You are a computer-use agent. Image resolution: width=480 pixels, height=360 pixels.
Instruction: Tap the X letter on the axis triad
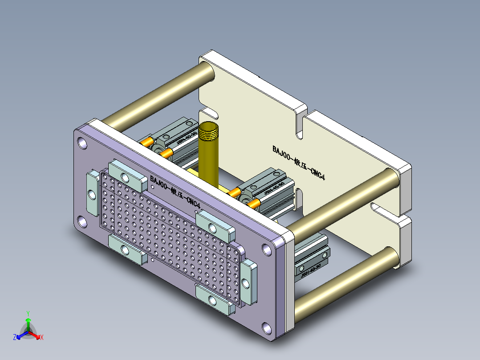(42, 337)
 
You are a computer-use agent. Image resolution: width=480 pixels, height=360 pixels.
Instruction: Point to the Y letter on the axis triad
(28, 313)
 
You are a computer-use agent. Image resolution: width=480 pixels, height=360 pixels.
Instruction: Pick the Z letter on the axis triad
(15, 337)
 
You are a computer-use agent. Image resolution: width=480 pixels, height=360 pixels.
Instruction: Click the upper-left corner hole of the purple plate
(82, 143)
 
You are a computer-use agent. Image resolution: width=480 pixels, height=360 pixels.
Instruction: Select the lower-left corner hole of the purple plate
(82, 221)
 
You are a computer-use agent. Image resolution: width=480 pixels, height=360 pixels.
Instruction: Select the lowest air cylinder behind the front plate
(312, 261)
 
